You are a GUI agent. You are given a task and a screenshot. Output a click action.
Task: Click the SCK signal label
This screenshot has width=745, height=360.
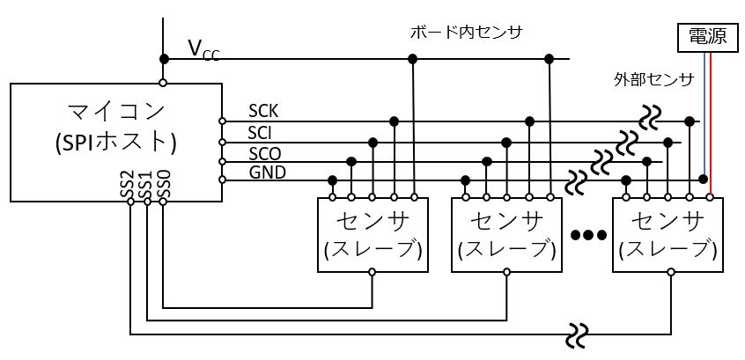(263, 111)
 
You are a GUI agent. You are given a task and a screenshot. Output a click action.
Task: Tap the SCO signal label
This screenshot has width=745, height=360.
(264, 152)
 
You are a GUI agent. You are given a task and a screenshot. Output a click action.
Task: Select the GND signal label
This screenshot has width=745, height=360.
(267, 172)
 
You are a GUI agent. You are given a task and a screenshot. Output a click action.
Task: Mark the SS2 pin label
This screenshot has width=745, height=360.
(129, 184)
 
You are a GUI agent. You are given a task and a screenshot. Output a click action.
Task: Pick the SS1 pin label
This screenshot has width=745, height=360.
(146, 184)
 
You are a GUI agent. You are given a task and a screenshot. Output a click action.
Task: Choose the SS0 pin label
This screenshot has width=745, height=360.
(163, 184)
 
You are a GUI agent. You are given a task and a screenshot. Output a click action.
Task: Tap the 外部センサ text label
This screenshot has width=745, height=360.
(653, 79)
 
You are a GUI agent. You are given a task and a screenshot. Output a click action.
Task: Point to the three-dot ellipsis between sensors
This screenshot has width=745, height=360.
(587, 235)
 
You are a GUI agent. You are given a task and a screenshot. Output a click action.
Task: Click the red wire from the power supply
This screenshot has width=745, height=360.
(710, 123)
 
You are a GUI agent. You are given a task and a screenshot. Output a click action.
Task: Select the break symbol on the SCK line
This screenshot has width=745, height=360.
(652, 118)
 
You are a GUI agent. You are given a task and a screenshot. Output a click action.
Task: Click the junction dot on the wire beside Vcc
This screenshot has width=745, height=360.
(164, 58)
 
